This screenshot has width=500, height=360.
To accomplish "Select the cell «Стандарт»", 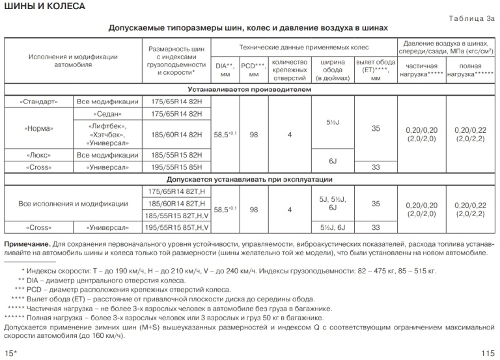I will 38,102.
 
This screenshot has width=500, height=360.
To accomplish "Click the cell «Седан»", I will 106,114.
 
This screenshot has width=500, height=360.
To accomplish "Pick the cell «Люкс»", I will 38,156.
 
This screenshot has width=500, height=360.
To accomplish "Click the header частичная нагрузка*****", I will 421,70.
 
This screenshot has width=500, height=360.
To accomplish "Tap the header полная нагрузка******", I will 470,70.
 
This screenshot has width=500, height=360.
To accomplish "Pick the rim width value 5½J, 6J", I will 332,228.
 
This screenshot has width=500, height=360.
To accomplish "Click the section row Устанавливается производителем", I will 249,89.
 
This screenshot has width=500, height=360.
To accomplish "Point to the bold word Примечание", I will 25,242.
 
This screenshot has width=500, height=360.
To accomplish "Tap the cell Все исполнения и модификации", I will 72,203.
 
